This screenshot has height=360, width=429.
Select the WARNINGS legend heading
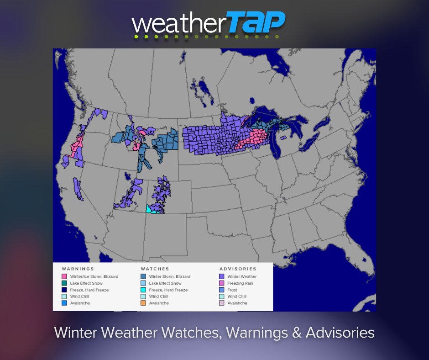coord(78,269)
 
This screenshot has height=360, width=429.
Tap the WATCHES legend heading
coord(155,269)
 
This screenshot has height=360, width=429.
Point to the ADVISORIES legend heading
coord(238,269)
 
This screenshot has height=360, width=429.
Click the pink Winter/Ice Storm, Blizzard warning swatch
coord(64,276)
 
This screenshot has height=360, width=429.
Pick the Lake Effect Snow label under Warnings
coord(86,283)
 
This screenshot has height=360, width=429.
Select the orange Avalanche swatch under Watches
coord(143,303)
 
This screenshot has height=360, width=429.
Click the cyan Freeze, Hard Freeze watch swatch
coord(143,290)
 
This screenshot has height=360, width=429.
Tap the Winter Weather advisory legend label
coord(242,276)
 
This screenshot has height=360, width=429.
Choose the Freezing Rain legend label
coord(240,283)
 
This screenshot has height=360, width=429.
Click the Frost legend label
coord(232,290)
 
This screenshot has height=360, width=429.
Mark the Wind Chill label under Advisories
coord(237,296)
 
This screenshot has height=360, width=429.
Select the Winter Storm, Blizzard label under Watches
coord(169,276)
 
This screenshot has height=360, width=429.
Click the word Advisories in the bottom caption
coord(340,333)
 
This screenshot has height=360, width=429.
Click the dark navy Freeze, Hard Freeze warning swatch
coord(64,290)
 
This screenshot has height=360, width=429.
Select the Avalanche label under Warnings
coord(80,303)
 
